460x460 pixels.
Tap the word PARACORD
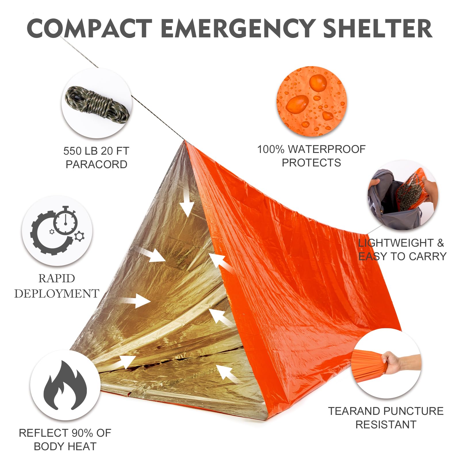click(x=96, y=164)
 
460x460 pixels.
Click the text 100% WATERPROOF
click(x=311, y=149)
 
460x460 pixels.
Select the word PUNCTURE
click(x=413, y=411)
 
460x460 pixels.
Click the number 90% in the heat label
click(x=83, y=433)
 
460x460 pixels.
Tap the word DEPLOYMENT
click(x=57, y=294)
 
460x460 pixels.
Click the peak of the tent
click(x=184, y=141)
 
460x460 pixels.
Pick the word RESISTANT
click(x=386, y=424)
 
